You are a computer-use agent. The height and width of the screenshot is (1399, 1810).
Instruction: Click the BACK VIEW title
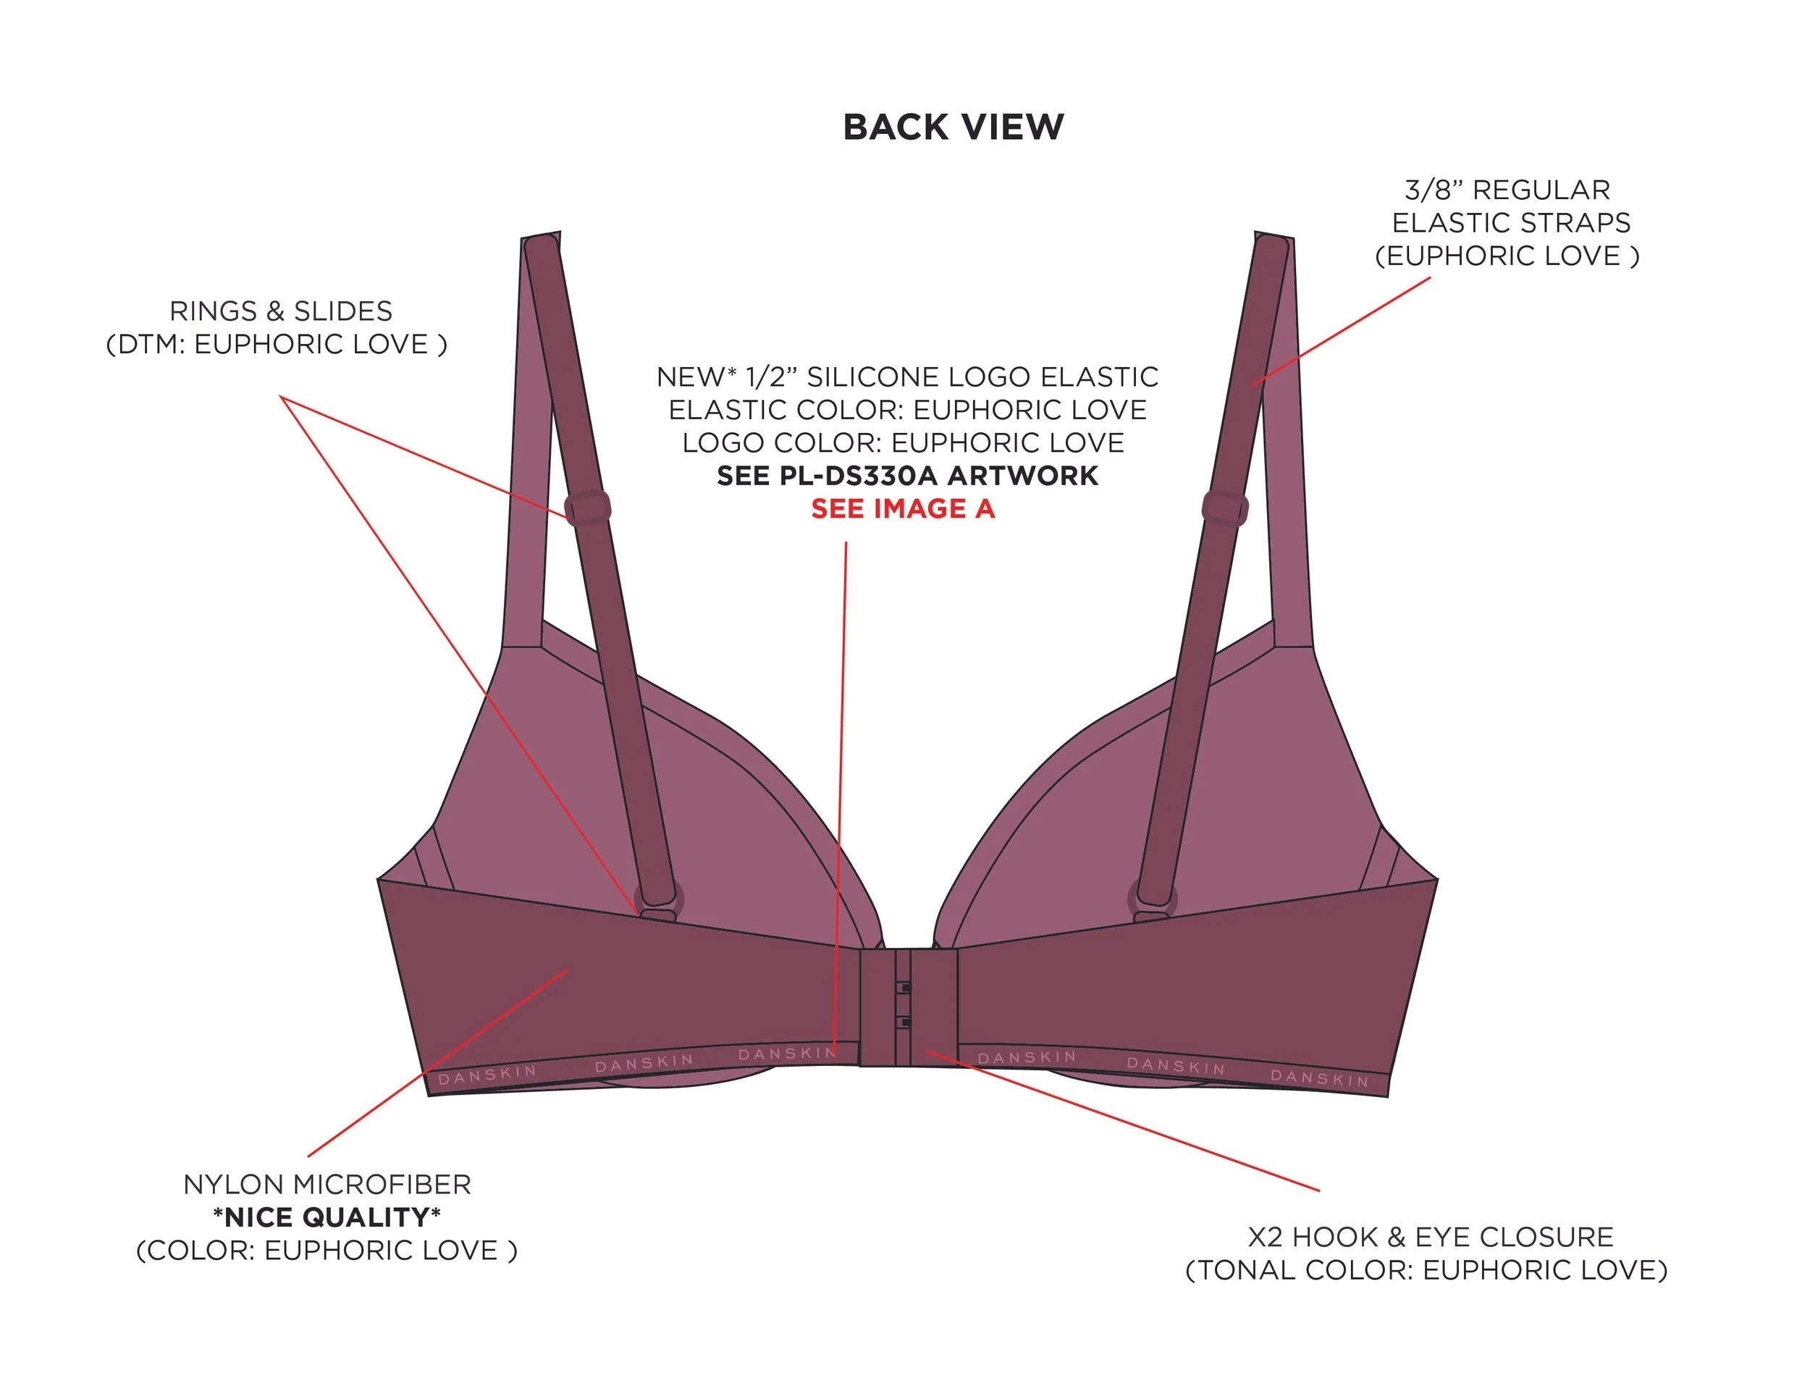tap(953, 127)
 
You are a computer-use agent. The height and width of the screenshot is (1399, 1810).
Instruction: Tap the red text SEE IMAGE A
tap(903, 508)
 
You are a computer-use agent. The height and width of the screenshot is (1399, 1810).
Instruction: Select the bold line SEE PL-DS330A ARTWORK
tap(907, 476)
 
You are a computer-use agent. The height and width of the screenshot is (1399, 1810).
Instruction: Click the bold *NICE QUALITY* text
tap(327, 1217)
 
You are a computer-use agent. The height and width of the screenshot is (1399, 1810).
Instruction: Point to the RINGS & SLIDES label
tap(281, 311)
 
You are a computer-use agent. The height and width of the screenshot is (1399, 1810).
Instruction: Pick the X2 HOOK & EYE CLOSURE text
tap(1431, 1237)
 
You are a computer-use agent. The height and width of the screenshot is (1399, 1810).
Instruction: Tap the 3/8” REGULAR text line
tap(1507, 190)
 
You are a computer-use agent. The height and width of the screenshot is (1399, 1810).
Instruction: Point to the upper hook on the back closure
tap(905, 988)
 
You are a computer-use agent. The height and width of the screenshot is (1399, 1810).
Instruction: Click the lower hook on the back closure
tap(905, 1022)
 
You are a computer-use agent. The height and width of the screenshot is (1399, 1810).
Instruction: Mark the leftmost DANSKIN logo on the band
tap(487, 1074)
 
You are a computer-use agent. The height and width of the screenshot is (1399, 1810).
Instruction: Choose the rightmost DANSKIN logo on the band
tap(1319, 1077)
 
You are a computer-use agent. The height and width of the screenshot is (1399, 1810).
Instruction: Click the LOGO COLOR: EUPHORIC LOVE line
tap(904, 442)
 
